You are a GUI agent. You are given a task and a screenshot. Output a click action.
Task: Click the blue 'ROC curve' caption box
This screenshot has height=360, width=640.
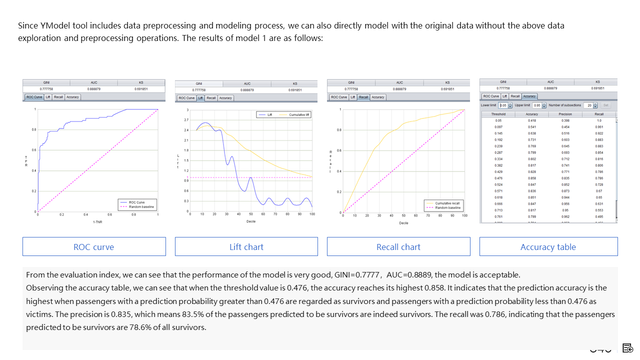pos(94,246)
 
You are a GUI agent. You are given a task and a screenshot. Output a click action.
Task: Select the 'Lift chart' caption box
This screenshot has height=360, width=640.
pos(246,246)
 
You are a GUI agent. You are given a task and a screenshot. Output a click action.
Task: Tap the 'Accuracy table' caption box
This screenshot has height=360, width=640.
pos(548,246)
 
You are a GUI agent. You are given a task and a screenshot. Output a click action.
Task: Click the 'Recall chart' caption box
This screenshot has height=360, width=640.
pos(398,246)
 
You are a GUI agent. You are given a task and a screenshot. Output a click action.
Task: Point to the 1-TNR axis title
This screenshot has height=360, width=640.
pos(97,221)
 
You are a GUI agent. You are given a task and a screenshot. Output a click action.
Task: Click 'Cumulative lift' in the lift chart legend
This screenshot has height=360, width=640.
pos(299,115)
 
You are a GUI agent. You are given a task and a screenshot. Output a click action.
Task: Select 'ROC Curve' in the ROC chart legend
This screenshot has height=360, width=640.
pos(136,202)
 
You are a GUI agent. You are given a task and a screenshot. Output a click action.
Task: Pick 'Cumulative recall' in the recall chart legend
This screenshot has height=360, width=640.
pos(447,203)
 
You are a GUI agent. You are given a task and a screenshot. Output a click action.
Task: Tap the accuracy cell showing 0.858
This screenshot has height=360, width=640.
pos(532,178)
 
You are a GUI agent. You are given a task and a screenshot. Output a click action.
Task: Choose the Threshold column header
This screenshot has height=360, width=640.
pos(498,114)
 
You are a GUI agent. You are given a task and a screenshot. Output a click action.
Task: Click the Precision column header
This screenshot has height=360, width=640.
pos(565,114)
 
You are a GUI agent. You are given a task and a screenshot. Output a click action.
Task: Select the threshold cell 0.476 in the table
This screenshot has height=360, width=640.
pos(498,178)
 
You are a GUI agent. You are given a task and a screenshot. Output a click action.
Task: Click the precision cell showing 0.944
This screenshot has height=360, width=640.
pos(565,197)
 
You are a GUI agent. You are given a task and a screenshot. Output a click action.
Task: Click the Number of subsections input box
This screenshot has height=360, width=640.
pos(590,105)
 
